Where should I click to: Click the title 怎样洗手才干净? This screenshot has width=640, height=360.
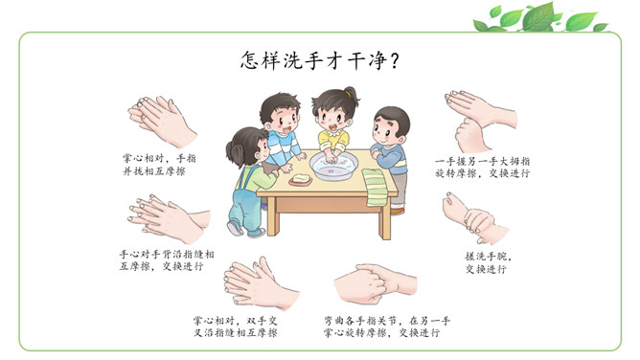pyautogui.click(x=320, y=61)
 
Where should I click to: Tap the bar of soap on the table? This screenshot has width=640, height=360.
pyautogui.click(x=301, y=180)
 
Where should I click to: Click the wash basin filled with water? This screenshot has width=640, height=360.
pyautogui.click(x=333, y=166)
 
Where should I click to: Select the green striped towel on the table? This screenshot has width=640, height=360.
pyautogui.click(x=376, y=187)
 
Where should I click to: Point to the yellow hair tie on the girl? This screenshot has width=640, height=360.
pyautogui.click(x=348, y=94)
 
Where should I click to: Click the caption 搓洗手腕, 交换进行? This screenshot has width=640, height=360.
pyautogui.click(x=489, y=262)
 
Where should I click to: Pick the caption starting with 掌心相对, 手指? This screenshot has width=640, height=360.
pyautogui.click(x=160, y=165)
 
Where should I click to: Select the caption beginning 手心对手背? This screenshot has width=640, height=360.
pyautogui.click(x=167, y=260)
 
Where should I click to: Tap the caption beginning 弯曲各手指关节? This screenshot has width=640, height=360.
pyautogui.click(x=386, y=327)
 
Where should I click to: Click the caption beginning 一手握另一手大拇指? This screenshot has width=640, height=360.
pyautogui.click(x=483, y=168)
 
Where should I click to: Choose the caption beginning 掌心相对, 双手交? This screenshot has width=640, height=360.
pyautogui.click(x=236, y=327)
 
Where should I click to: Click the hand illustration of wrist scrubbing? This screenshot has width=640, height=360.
pyautogui.click(x=474, y=219)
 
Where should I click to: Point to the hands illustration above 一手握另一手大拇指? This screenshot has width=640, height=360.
pyautogui.click(x=480, y=121)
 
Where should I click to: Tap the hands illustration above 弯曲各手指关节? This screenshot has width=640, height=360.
pyautogui.click(x=376, y=284)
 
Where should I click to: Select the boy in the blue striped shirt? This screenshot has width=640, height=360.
pyautogui.click(x=282, y=131)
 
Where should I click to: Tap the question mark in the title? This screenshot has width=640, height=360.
pyautogui.click(x=395, y=61)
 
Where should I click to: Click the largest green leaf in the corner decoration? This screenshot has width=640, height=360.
pyautogui.click(x=537, y=16)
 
